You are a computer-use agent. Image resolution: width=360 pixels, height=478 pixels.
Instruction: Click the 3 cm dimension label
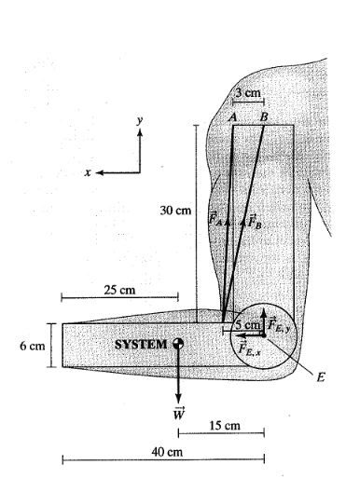248,92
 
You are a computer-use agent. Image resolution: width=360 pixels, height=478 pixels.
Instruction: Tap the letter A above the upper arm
232,117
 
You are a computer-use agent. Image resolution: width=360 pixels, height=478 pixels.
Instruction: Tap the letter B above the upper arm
264,117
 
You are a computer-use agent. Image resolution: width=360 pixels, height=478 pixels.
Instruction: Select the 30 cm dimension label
175,211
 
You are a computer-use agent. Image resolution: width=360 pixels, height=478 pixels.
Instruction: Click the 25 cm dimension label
119,290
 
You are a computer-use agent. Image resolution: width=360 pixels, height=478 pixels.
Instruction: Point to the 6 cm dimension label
33,346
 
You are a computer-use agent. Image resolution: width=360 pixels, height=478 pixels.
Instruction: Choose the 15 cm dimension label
225,426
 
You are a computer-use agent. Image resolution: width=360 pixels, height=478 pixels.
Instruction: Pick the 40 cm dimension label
167,452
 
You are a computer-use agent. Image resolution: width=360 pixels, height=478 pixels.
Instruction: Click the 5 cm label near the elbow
247,324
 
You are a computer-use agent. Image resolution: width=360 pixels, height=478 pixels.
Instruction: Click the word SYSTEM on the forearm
141,345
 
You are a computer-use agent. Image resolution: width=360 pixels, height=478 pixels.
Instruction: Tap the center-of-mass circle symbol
178,344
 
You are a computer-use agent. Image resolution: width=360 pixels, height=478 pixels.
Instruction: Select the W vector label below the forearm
179,413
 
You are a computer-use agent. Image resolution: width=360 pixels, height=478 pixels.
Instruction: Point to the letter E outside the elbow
321,377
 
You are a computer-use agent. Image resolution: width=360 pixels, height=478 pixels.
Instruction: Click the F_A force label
215,218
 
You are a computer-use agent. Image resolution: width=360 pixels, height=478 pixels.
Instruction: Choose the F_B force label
255,221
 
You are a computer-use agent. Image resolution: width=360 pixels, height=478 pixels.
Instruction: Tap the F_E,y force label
279,325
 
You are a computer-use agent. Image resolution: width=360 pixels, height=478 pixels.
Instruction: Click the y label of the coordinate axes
141,120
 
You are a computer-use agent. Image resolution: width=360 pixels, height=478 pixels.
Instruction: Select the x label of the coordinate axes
88,172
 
